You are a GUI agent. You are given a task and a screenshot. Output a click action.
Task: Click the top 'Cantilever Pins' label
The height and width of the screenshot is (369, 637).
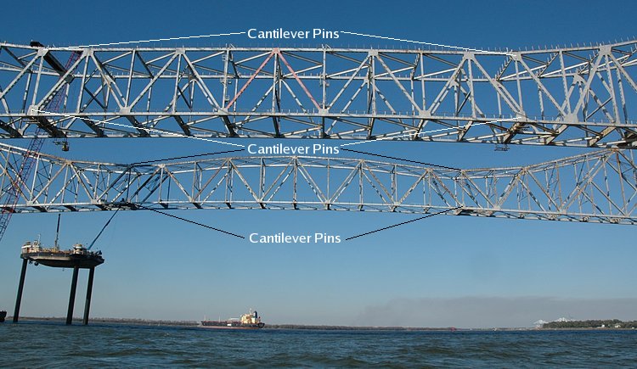[x=293, y=34]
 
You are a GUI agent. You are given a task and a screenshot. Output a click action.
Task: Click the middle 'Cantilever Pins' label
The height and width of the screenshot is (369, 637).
[x=293, y=148]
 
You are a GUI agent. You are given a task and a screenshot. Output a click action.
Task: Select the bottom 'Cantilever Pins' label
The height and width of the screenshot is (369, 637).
[x=295, y=238]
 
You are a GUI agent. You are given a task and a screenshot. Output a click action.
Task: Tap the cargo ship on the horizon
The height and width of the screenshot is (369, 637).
[x=234, y=320]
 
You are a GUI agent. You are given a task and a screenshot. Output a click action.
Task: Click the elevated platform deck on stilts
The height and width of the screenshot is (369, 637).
[x=61, y=255]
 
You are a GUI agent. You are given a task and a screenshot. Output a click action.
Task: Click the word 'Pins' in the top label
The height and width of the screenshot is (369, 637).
[x=324, y=34]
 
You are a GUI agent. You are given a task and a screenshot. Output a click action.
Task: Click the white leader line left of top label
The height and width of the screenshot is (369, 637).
[x=161, y=40]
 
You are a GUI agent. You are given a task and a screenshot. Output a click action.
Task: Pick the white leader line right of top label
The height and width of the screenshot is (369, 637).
[x=408, y=41]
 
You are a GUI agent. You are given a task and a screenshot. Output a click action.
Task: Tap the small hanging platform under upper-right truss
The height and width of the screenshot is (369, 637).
[x=502, y=147]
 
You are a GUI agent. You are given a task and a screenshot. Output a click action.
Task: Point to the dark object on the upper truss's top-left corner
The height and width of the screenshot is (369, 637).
[x=36, y=44]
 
